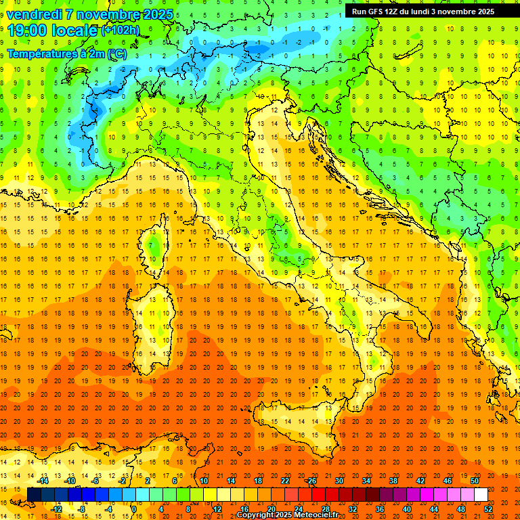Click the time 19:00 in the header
32,30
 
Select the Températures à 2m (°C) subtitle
66,53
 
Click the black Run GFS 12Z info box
423,12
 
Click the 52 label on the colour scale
488,508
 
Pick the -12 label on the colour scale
56,508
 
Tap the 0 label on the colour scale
134,508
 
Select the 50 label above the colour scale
475,481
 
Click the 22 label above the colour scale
285,481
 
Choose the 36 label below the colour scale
379,508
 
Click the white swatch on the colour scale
481,494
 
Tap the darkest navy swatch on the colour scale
34,494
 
